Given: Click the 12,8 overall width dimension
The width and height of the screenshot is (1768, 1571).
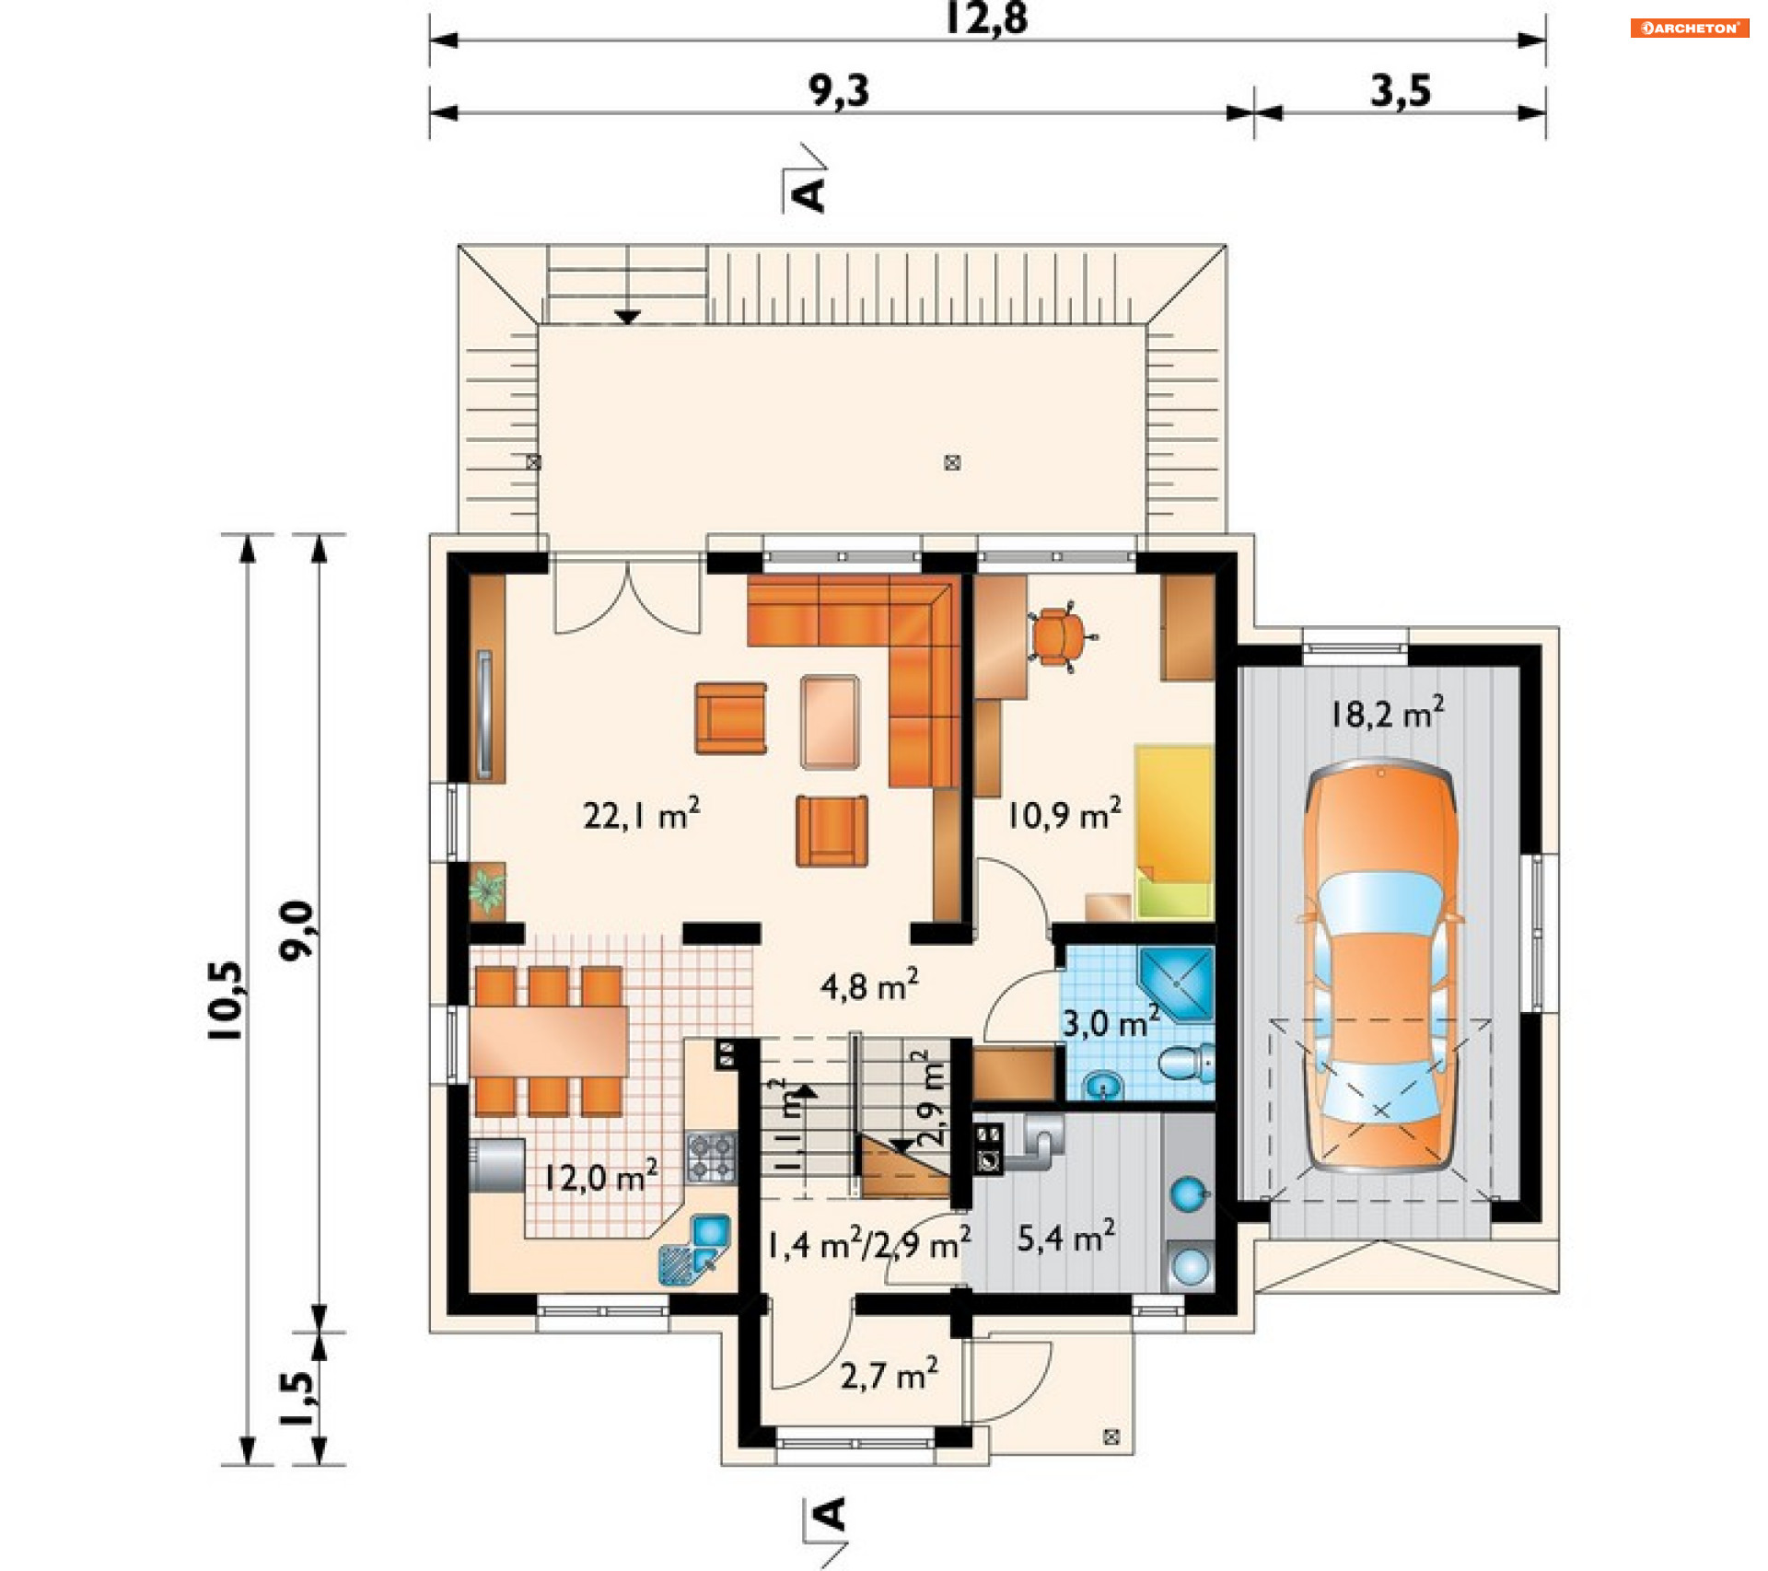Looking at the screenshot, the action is [x=986, y=18].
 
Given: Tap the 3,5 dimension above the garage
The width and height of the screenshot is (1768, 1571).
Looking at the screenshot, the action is [x=1401, y=91].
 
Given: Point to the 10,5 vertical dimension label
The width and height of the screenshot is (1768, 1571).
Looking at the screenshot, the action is [x=226, y=1000].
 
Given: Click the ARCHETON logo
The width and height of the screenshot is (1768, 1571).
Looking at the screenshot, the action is [x=1690, y=28].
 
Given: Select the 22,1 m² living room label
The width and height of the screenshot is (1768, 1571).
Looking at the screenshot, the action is [x=642, y=814].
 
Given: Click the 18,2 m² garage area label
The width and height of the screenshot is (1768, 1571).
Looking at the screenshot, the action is [x=1387, y=713].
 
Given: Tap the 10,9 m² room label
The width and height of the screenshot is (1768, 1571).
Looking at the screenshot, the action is [x=1064, y=814].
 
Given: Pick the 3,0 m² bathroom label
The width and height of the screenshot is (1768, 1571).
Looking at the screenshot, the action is [x=1111, y=1022].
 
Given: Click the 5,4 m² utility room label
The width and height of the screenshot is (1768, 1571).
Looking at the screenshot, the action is [x=1066, y=1237].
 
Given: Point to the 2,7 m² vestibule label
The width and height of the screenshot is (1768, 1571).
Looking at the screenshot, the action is [x=889, y=1375].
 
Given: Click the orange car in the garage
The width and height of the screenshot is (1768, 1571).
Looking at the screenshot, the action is [x=1380, y=964].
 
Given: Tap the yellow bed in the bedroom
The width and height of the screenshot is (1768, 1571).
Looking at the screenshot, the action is [x=1174, y=832].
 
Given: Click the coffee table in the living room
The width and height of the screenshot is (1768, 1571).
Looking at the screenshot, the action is [x=830, y=722].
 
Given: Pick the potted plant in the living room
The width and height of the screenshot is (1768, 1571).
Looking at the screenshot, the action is [x=487, y=890].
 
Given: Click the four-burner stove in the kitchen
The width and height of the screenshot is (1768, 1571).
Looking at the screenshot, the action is [x=711, y=1158].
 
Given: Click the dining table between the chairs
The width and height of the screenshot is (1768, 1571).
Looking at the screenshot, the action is [x=549, y=1041].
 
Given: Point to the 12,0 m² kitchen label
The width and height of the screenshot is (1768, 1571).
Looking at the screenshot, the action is [x=600, y=1176].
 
